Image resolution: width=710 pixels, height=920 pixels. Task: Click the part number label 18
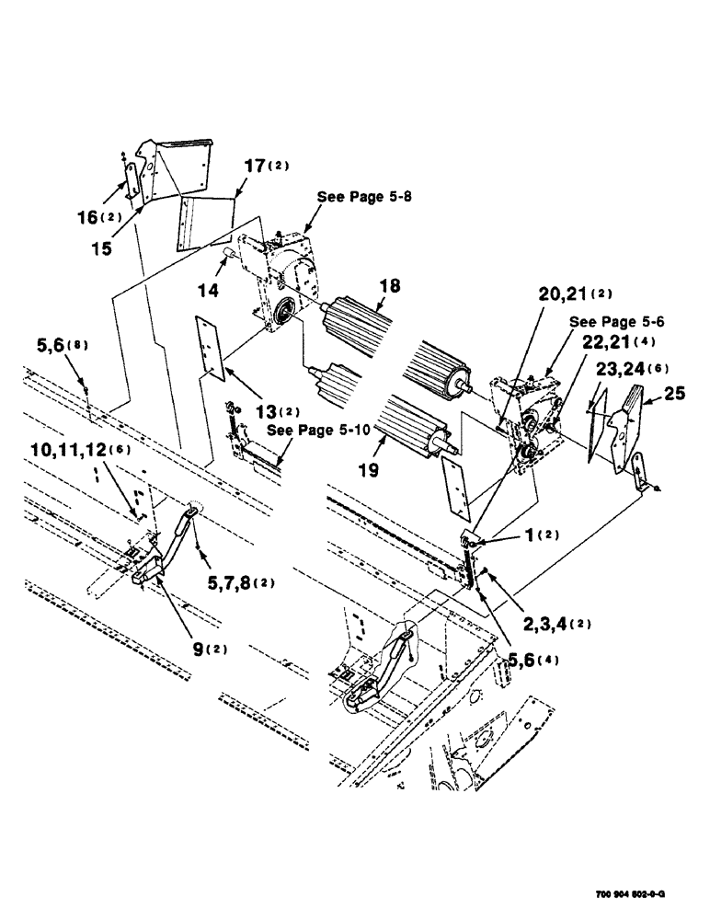(x=390, y=288)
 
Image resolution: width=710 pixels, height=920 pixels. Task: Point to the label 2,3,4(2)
(x=556, y=623)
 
